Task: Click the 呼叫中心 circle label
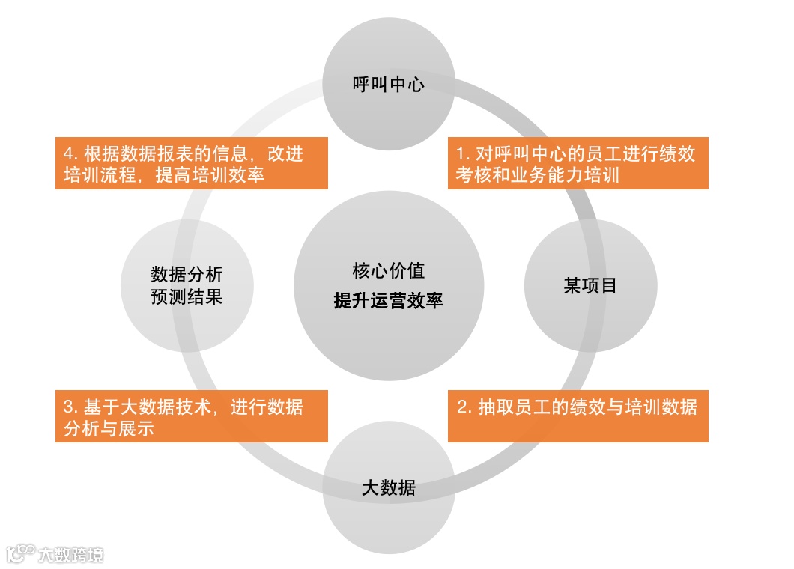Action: pos(388,83)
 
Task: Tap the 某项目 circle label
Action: pos(590,285)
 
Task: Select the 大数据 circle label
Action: pos(388,489)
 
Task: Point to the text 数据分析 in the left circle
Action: pos(187,273)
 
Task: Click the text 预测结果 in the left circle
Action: pos(187,296)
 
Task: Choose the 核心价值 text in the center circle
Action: pos(388,270)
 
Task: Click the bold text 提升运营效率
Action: pos(388,301)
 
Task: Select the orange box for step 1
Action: pos(578,164)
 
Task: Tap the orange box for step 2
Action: pos(578,416)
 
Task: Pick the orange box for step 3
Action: pos(191,416)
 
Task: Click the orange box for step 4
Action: pos(191,164)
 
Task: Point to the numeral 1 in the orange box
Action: pos(461,153)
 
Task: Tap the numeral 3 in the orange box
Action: pos(68,407)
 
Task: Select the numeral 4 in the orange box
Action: pos(69,153)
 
